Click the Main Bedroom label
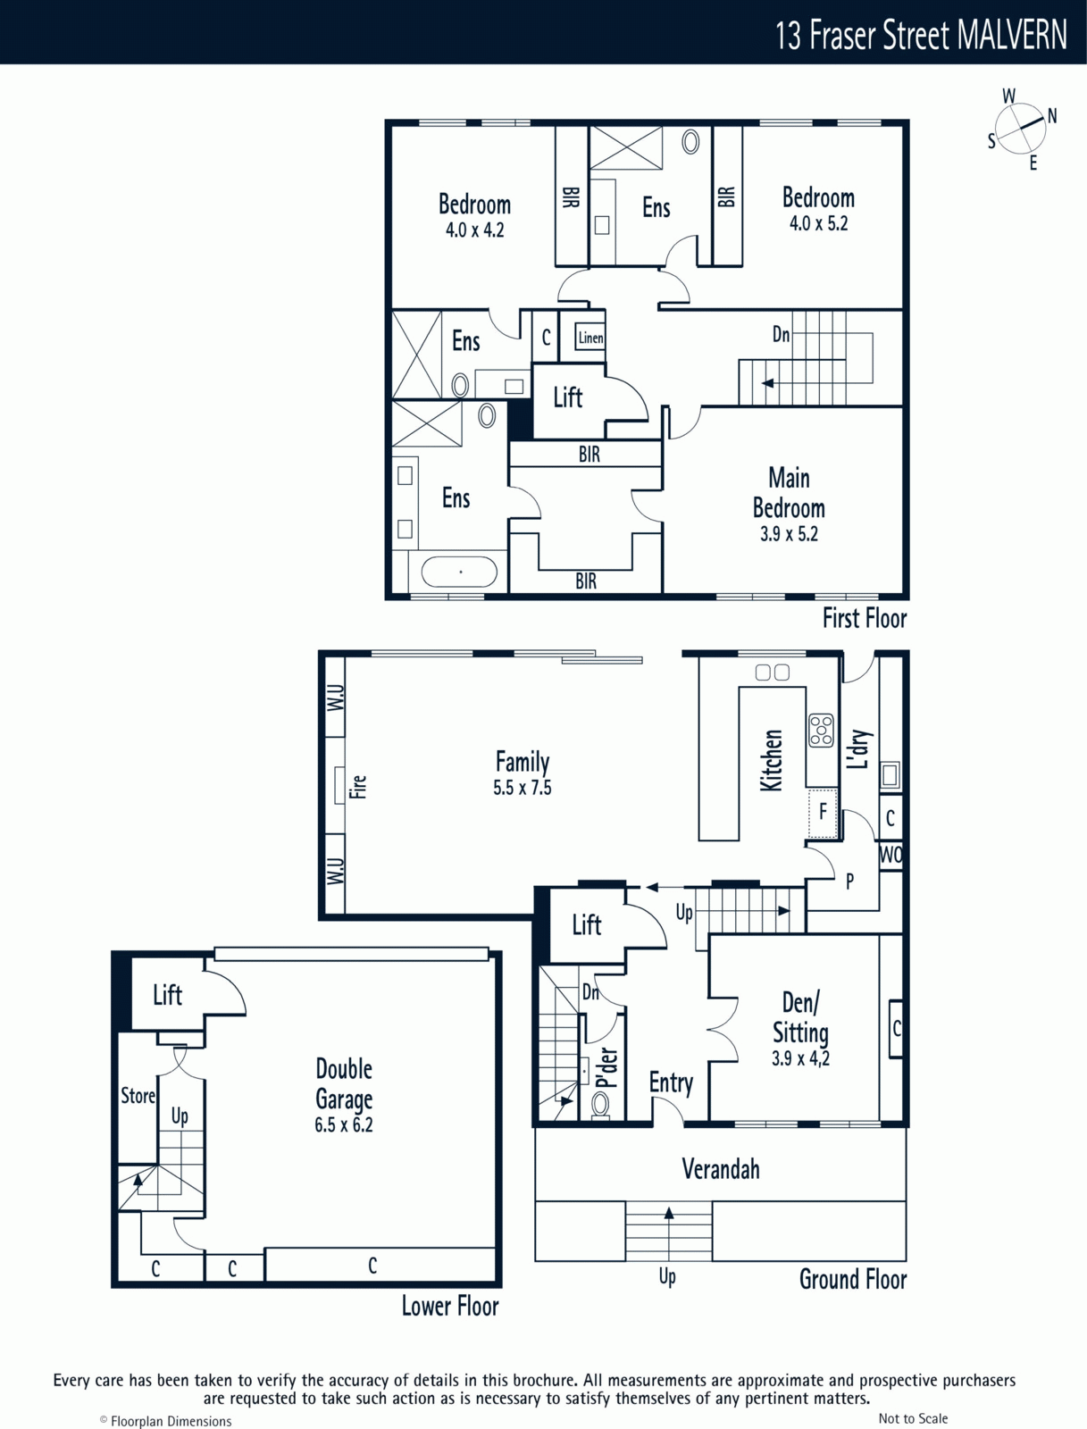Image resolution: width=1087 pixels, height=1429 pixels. click(x=789, y=493)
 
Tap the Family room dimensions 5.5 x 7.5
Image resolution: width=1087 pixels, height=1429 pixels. click(x=522, y=788)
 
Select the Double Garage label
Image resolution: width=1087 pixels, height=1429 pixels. click(x=344, y=1084)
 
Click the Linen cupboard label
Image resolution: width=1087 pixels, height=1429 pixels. click(x=590, y=338)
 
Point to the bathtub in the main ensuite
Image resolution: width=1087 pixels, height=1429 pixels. click(x=459, y=572)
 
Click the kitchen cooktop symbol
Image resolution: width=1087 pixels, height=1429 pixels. click(x=821, y=731)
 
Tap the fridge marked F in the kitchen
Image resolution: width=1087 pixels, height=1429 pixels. click(x=823, y=812)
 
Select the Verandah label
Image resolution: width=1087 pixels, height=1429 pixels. click(x=721, y=1169)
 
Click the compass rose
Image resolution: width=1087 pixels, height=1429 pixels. click(x=1021, y=129)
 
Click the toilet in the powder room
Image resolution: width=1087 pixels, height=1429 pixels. click(x=600, y=1104)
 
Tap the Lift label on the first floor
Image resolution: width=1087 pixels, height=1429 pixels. click(x=567, y=397)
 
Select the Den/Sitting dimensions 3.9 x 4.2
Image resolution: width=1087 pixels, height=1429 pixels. click(x=800, y=1058)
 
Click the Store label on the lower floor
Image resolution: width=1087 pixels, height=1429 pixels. click(x=138, y=1096)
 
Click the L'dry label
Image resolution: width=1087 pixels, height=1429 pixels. click(x=858, y=748)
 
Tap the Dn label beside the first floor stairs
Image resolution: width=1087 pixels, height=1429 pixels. click(x=781, y=335)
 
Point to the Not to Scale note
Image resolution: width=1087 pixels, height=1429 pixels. click(x=913, y=1418)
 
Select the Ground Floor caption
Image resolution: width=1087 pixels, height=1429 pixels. click(x=853, y=1279)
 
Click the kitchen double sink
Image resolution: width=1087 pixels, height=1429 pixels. click(x=773, y=672)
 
